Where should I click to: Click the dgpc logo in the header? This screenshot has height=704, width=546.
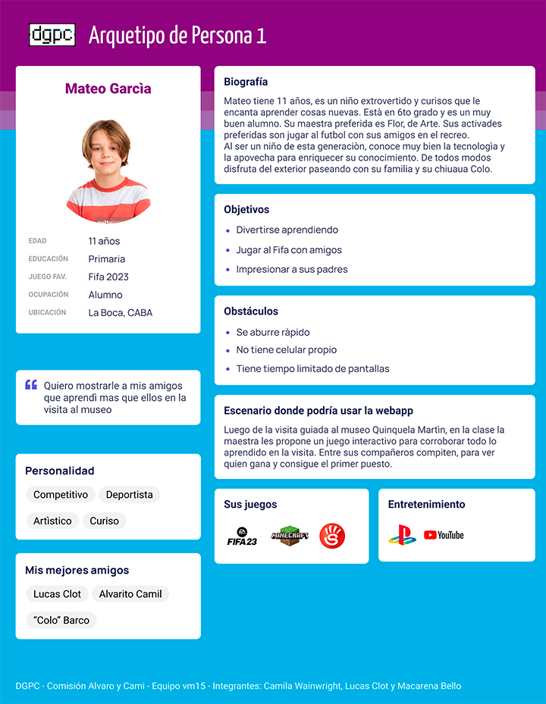tap(52, 35)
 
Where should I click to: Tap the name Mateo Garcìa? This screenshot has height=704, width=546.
tap(108, 89)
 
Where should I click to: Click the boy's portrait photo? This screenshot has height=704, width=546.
tap(108, 170)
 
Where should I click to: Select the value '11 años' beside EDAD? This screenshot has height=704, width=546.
tap(104, 241)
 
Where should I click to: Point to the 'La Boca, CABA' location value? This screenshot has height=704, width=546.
tap(120, 312)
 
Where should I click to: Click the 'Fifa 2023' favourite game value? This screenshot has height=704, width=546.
tap(108, 277)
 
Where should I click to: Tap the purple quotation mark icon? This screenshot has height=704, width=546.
tap(31, 385)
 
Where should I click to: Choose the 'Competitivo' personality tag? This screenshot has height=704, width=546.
tap(61, 495)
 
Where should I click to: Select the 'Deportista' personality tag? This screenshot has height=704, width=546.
tap(129, 495)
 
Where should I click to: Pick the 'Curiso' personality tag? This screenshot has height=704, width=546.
tap(105, 521)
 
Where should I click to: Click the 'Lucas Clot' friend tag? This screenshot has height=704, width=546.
tap(57, 594)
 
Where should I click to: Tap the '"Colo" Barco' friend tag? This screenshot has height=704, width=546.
tap(61, 620)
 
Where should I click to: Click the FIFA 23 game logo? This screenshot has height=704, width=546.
tap(243, 537)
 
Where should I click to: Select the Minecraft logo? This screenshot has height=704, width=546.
tap(290, 536)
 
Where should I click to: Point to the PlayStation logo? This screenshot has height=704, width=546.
tap(402, 535)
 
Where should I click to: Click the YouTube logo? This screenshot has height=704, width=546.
tap(444, 535)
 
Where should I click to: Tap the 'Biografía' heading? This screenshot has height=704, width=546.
tap(246, 82)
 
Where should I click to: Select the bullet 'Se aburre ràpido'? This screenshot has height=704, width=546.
tap(272, 332)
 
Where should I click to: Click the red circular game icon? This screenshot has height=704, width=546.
tap(332, 536)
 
